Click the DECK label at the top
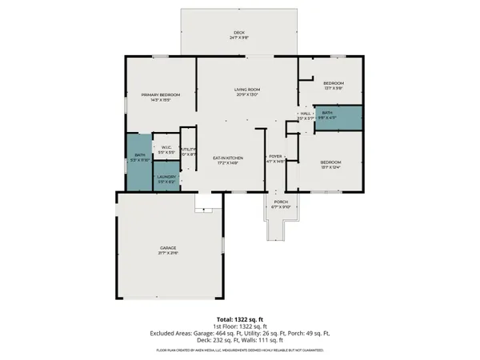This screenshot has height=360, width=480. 239,32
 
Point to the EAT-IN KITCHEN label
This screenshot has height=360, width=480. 228,158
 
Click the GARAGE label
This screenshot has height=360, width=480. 167,248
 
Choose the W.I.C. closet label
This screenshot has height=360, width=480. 167,146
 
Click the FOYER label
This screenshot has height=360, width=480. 275,156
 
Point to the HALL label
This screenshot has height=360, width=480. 305,114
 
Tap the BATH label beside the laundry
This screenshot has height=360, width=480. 139,155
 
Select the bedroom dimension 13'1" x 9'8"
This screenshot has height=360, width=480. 333,88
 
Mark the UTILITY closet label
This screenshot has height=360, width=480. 189,150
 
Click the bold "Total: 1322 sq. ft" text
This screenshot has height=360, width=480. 239,319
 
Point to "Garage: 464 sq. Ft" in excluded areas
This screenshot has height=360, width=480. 210,333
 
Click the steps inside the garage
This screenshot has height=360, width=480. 205,207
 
